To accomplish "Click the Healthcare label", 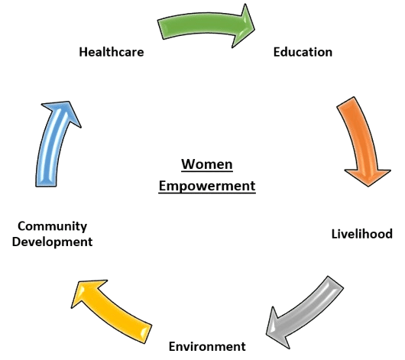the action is pyautogui.click(x=112, y=52).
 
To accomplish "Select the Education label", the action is pyautogui.click(x=303, y=52).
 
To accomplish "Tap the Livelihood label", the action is pyautogui.click(x=362, y=234).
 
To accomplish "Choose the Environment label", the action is pyautogui.click(x=207, y=346).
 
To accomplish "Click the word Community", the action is pyautogui.click(x=53, y=227).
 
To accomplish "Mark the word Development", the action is pyautogui.click(x=52, y=242).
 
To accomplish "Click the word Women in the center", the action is pyautogui.click(x=207, y=164).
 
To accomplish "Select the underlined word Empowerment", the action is pyautogui.click(x=207, y=186).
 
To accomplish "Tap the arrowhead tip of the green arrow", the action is pyautogui.click(x=255, y=29).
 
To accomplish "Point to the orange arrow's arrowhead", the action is pyautogui.click(x=368, y=186).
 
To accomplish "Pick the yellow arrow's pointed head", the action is pyautogui.click(x=72, y=307).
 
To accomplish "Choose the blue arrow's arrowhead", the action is pyautogui.click(x=69, y=102).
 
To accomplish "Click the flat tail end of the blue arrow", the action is pyautogui.click(x=46, y=186).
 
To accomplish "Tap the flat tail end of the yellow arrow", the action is pyautogui.click(x=147, y=334).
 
